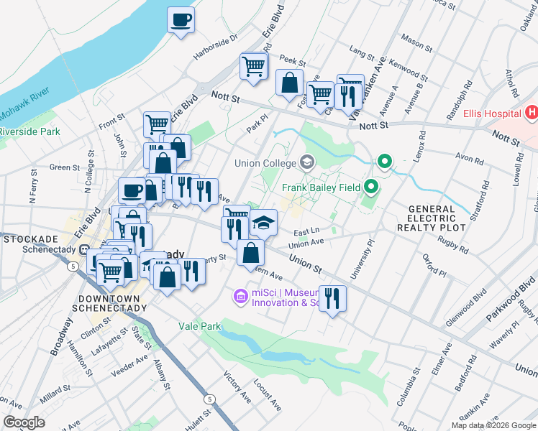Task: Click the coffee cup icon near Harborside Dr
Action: (x=181, y=19)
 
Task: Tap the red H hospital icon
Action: (x=532, y=113)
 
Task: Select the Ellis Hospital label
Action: (x=492, y=113)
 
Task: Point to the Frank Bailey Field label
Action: (x=320, y=188)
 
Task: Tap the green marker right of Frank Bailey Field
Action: (x=371, y=188)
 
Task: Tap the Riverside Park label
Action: (x=30, y=131)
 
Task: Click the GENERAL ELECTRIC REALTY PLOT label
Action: (x=432, y=218)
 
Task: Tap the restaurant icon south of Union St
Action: (x=332, y=298)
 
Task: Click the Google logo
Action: (x=24, y=422)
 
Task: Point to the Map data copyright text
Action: (x=493, y=425)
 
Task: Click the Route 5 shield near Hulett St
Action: (x=209, y=398)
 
